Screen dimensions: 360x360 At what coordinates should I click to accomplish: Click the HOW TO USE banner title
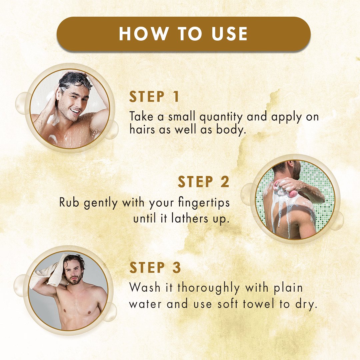(x=183, y=34)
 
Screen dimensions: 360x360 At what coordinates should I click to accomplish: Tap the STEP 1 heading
(x=154, y=97)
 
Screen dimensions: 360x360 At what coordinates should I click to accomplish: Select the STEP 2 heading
(x=203, y=182)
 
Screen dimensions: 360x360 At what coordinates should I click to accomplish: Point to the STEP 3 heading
(x=155, y=267)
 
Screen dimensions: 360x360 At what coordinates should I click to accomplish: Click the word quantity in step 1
(x=221, y=117)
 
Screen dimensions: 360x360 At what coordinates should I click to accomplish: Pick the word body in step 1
(x=231, y=130)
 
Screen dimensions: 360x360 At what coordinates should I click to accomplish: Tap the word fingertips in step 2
(x=204, y=203)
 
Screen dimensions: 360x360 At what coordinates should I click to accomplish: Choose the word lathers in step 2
(x=190, y=218)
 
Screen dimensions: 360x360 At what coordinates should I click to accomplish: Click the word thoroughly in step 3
(x=208, y=288)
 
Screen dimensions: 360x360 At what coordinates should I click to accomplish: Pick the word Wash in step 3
(x=145, y=287)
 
